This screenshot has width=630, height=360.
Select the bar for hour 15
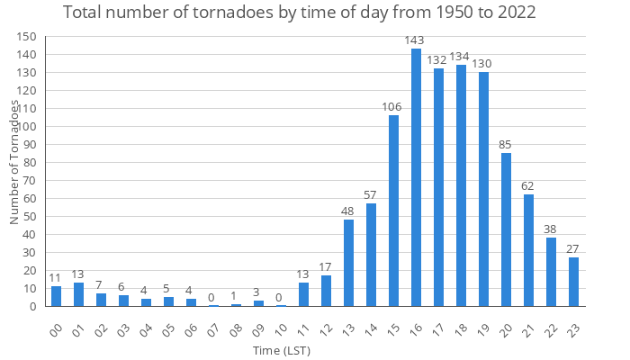(x=393, y=211)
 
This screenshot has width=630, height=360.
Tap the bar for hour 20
(x=506, y=229)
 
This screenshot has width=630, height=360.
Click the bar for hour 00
(x=56, y=296)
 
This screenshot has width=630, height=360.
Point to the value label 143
(x=416, y=40)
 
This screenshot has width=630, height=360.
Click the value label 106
(x=393, y=107)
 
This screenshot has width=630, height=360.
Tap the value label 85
(x=506, y=145)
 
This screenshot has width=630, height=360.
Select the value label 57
(x=371, y=195)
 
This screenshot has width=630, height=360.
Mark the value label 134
(x=461, y=57)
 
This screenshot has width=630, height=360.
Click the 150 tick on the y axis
(x=27, y=37)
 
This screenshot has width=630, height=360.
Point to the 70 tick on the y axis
(x=30, y=181)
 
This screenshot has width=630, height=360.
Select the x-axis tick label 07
(x=212, y=328)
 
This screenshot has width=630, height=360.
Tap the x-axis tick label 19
(x=482, y=328)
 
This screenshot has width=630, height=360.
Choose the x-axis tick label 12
(x=325, y=328)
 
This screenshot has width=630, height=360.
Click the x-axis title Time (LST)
(x=282, y=349)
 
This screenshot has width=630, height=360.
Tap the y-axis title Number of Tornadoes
(x=15, y=162)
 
